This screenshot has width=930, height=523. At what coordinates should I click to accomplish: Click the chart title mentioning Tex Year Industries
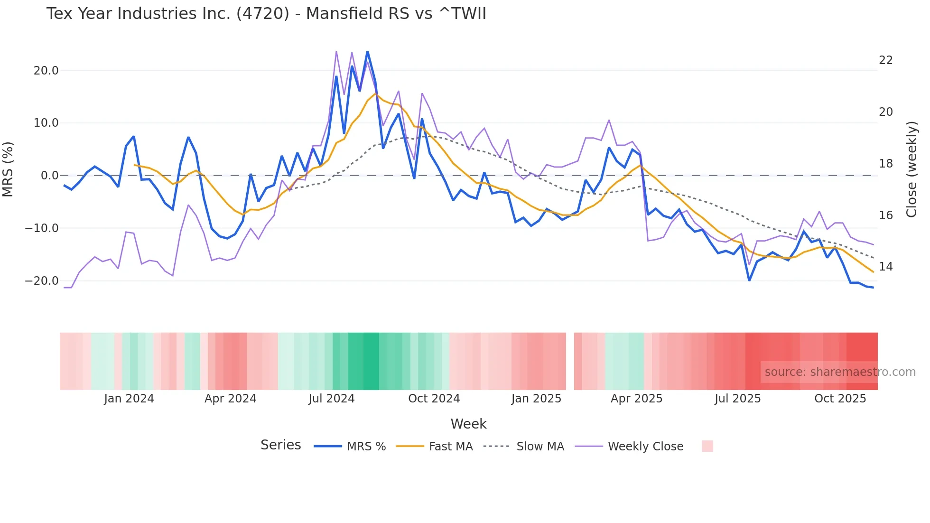(266, 14)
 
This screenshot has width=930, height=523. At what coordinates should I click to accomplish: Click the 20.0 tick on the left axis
(46, 71)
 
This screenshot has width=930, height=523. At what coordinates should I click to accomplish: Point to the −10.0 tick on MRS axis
(42, 228)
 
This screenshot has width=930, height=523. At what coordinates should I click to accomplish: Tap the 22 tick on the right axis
(885, 60)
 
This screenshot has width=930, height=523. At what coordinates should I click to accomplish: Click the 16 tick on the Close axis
(885, 215)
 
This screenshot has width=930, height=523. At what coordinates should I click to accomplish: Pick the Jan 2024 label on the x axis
(129, 399)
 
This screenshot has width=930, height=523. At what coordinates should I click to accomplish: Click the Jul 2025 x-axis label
(737, 399)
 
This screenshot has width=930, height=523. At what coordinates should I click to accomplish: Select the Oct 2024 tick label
(434, 399)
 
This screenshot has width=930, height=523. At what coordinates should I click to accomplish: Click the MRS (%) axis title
(8, 169)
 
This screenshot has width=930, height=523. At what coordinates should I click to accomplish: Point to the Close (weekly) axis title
(911, 169)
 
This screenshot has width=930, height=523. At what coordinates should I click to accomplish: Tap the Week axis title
(468, 424)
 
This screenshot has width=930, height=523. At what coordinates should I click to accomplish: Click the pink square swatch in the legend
(707, 446)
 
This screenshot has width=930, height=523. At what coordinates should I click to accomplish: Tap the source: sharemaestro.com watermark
(840, 372)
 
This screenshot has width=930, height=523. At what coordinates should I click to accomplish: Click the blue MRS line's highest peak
(367, 52)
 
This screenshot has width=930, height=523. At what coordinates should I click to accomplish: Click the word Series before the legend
(280, 445)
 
